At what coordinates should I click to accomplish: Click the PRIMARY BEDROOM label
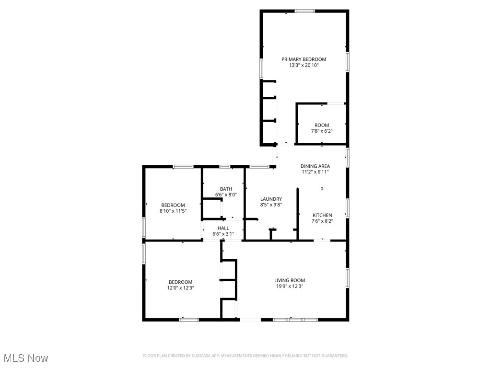coord(304,59)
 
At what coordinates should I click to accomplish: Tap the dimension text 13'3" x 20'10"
coord(304,66)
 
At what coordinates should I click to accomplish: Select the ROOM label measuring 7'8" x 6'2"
coord(322,126)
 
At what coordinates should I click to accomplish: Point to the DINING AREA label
coord(315,166)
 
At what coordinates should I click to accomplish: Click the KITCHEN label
coord(322,215)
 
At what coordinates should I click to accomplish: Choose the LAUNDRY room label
coord(271,199)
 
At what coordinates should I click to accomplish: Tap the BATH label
coord(226,189)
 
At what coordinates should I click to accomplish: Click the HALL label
coord(223,228)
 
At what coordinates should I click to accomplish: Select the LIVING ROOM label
coord(290,280)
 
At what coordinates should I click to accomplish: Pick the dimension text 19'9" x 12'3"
coord(290,287)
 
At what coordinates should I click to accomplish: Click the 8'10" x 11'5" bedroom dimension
coord(173,211)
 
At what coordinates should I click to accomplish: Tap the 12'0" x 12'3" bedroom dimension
coord(180,288)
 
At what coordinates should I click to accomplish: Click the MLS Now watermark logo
coord(26,358)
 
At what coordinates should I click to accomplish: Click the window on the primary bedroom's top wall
coord(304,11)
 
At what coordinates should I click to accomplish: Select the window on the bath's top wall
coord(224,167)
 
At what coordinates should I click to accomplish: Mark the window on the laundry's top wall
coord(259,167)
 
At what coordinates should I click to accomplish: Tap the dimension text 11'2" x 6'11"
coord(315,172)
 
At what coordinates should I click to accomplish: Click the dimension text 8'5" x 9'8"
coord(271,205)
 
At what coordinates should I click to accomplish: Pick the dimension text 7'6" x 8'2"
coord(322,221)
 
